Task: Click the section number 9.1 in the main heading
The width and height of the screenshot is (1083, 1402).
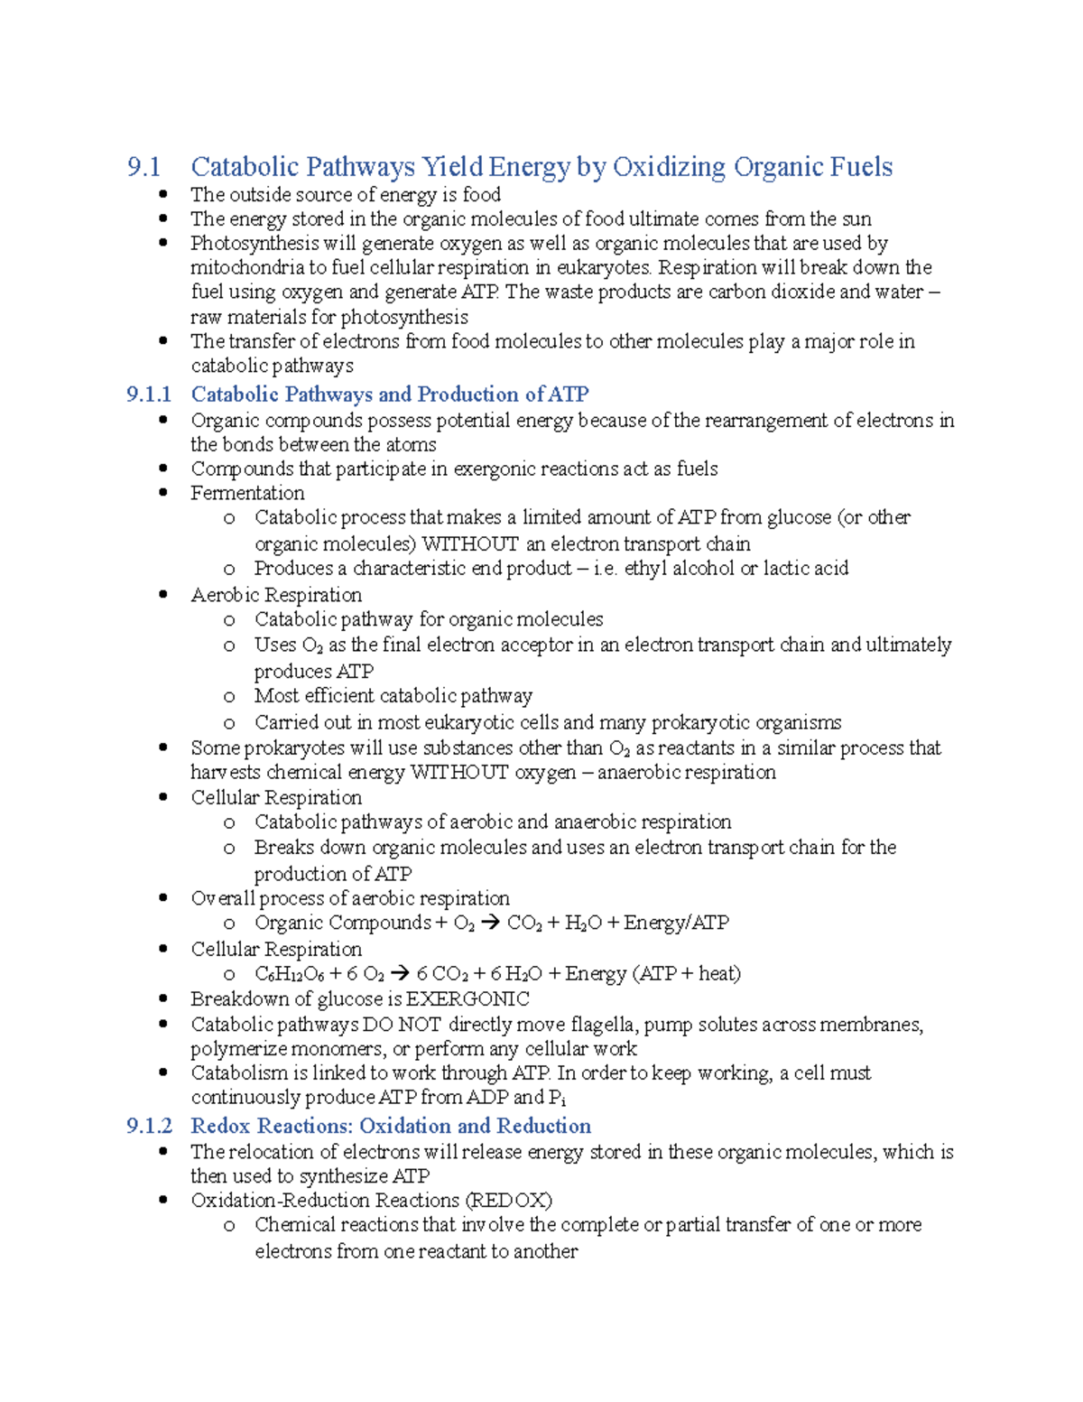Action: pos(143,167)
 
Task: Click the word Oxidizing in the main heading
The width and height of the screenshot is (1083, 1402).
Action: pos(669,167)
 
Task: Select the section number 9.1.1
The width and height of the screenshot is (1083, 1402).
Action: pos(149,395)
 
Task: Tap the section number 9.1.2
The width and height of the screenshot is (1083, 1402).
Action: pos(149,1126)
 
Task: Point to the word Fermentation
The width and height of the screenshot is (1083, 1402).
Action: pos(247,493)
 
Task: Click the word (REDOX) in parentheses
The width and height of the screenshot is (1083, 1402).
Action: pos(509,1201)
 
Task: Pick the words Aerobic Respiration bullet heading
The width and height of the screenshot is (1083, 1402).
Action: pos(276,595)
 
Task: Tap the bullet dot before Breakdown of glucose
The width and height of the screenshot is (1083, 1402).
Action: pos(163,998)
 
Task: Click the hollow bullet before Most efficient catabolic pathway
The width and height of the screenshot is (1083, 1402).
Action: pos(229,697)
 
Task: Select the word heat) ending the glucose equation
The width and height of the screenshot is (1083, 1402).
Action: pos(719,974)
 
